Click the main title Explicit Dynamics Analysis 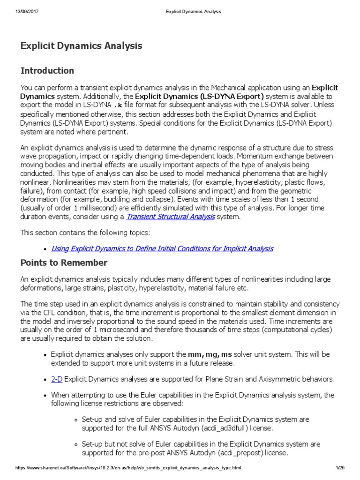[81, 46]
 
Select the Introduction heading [47, 71]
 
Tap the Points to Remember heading [64, 262]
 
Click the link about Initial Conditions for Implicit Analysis [162, 248]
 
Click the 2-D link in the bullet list [57, 379]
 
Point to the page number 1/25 [340, 468]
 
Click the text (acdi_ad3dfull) [204, 428]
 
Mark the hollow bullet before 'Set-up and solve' [75, 420]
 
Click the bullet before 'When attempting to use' [44, 395]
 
